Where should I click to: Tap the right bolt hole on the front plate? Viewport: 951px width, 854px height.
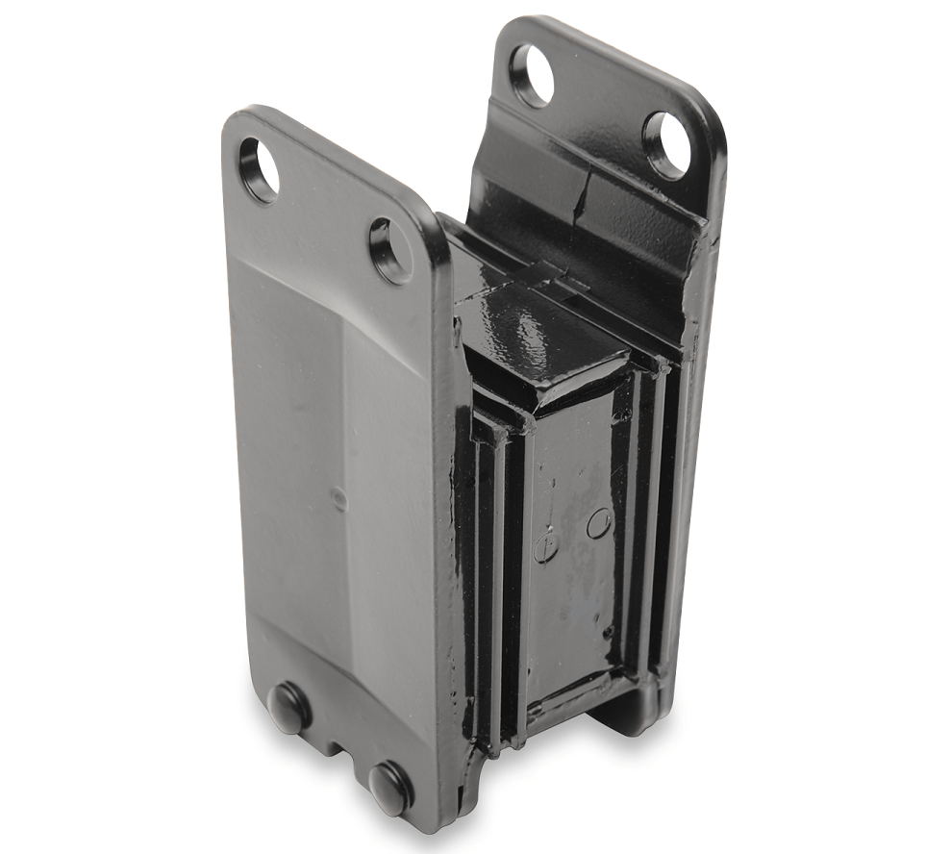click(x=390, y=250)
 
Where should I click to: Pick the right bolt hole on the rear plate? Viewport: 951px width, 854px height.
click(x=664, y=144)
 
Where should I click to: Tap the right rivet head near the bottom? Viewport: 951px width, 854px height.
click(x=390, y=785)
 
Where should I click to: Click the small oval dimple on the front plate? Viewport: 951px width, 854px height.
click(x=337, y=497)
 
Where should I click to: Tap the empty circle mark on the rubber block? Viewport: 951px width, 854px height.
click(x=598, y=523)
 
